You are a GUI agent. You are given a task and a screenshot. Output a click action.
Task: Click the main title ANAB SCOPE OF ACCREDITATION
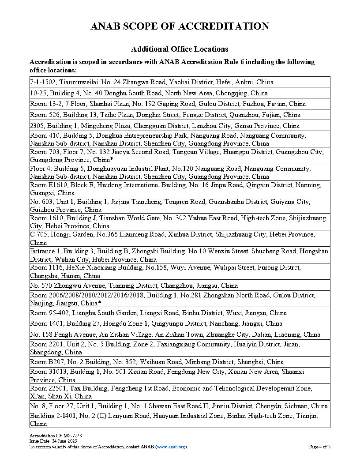tap(180, 26)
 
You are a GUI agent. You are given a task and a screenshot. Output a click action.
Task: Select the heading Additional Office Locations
tap(180, 49)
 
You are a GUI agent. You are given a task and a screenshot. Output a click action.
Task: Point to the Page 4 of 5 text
tap(319, 447)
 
